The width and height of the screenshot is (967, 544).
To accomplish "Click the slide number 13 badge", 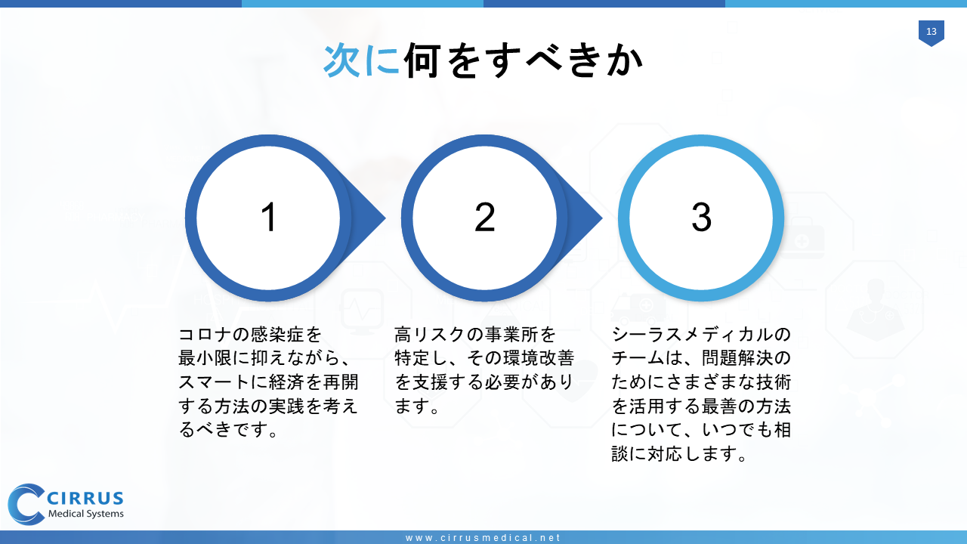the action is pos(931,32).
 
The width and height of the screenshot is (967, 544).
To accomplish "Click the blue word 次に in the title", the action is pos(362,60).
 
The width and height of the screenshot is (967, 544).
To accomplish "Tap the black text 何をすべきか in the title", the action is pos(524,60).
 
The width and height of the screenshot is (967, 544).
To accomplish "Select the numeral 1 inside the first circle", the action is pos(268,217).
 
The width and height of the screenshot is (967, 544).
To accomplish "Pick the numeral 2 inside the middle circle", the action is pos(484,217).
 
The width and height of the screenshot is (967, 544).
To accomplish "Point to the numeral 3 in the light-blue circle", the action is pos(701,217).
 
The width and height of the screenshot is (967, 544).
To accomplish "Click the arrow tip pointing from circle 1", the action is pos(385,218).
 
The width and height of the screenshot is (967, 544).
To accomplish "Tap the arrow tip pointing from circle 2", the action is pos(601,218).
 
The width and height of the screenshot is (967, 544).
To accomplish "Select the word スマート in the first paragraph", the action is pos(214,382).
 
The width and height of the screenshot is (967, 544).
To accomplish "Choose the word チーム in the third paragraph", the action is pos(638,358).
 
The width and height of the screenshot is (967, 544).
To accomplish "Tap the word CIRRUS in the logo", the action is pos(85,498).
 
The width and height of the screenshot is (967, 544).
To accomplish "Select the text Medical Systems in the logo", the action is pos(86,514).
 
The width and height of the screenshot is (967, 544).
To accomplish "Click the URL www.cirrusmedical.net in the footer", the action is pos(483,537).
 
